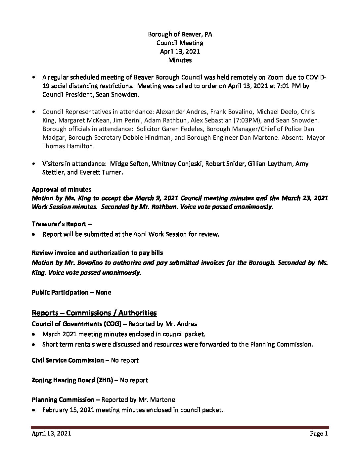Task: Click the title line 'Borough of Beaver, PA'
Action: pos(180,34)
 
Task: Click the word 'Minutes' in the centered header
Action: pos(180,60)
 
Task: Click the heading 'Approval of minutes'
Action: pos(62,189)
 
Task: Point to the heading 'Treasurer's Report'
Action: pos(60,224)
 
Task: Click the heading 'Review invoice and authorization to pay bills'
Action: pos(97,253)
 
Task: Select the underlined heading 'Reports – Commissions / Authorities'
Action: pos(94,313)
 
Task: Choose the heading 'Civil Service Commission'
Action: pos(67,360)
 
